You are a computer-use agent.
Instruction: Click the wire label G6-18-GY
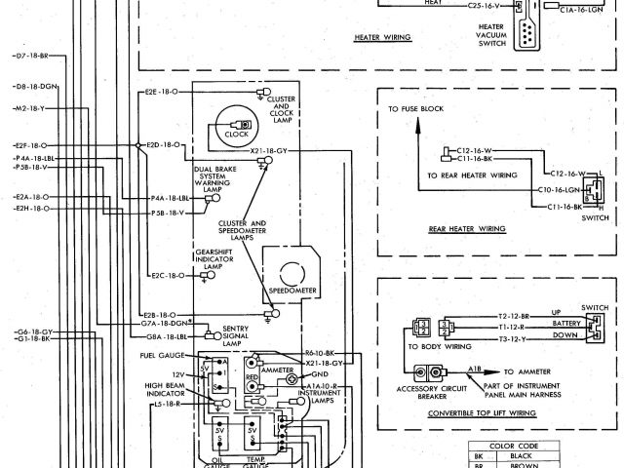coord(33,331)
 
